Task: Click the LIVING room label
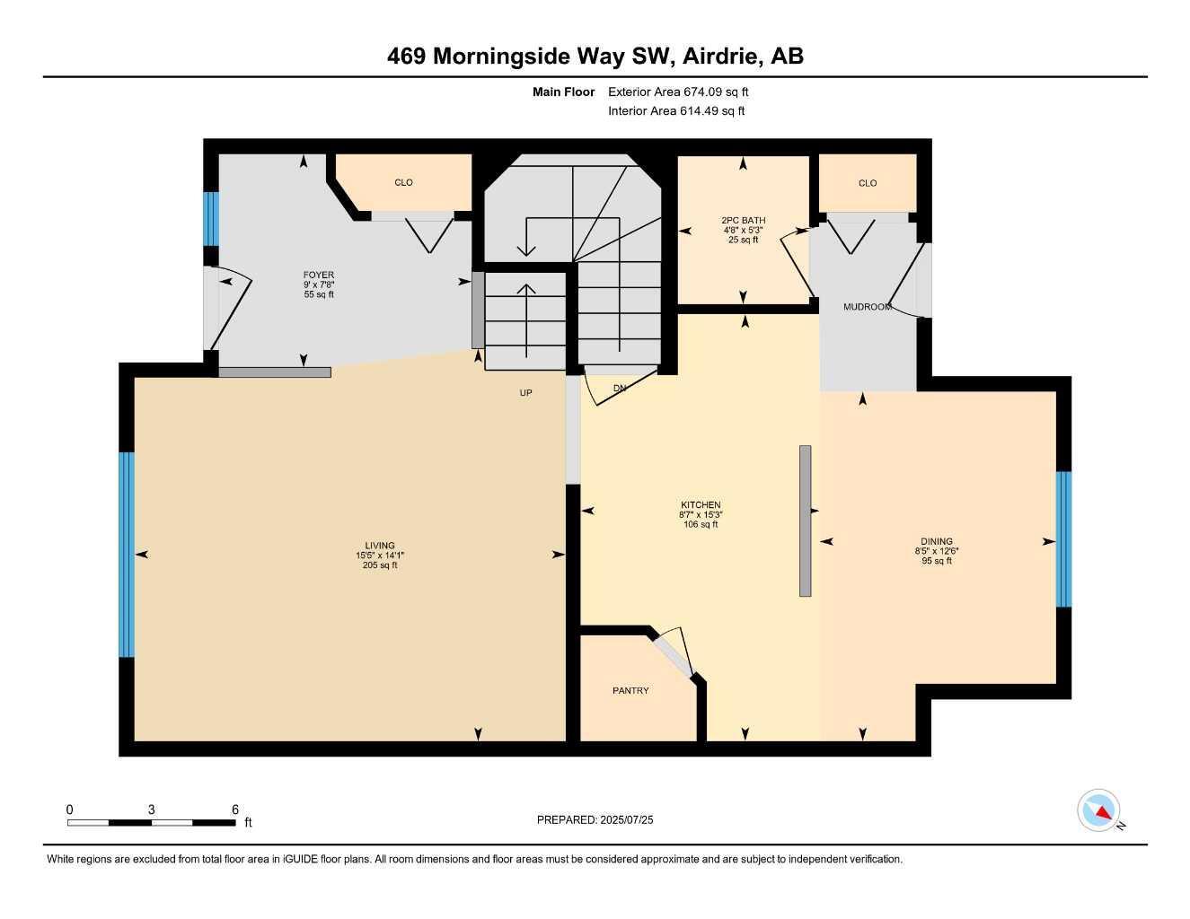click(x=380, y=546)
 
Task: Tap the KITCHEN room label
click(x=701, y=505)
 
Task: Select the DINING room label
click(x=937, y=541)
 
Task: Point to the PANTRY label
click(x=630, y=691)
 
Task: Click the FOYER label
click(x=319, y=276)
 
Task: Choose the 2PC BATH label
click(x=743, y=220)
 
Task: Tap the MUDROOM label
click(x=867, y=307)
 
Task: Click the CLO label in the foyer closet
click(x=404, y=182)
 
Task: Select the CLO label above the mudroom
click(x=868, y=183)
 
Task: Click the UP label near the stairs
click(x=526, y=393)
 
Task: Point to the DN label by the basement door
click(x=620, y=389)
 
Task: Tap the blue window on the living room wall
click(x=127, y=555)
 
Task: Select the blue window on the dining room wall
click(x=1063, y=539)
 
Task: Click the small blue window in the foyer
click(x=211, y=219)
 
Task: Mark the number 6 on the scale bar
click(x=235, y=810)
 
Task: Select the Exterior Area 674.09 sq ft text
click(x=678, y=92)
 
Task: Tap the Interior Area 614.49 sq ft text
click(x=676, y=111)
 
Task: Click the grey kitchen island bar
click(x=806, y=521)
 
